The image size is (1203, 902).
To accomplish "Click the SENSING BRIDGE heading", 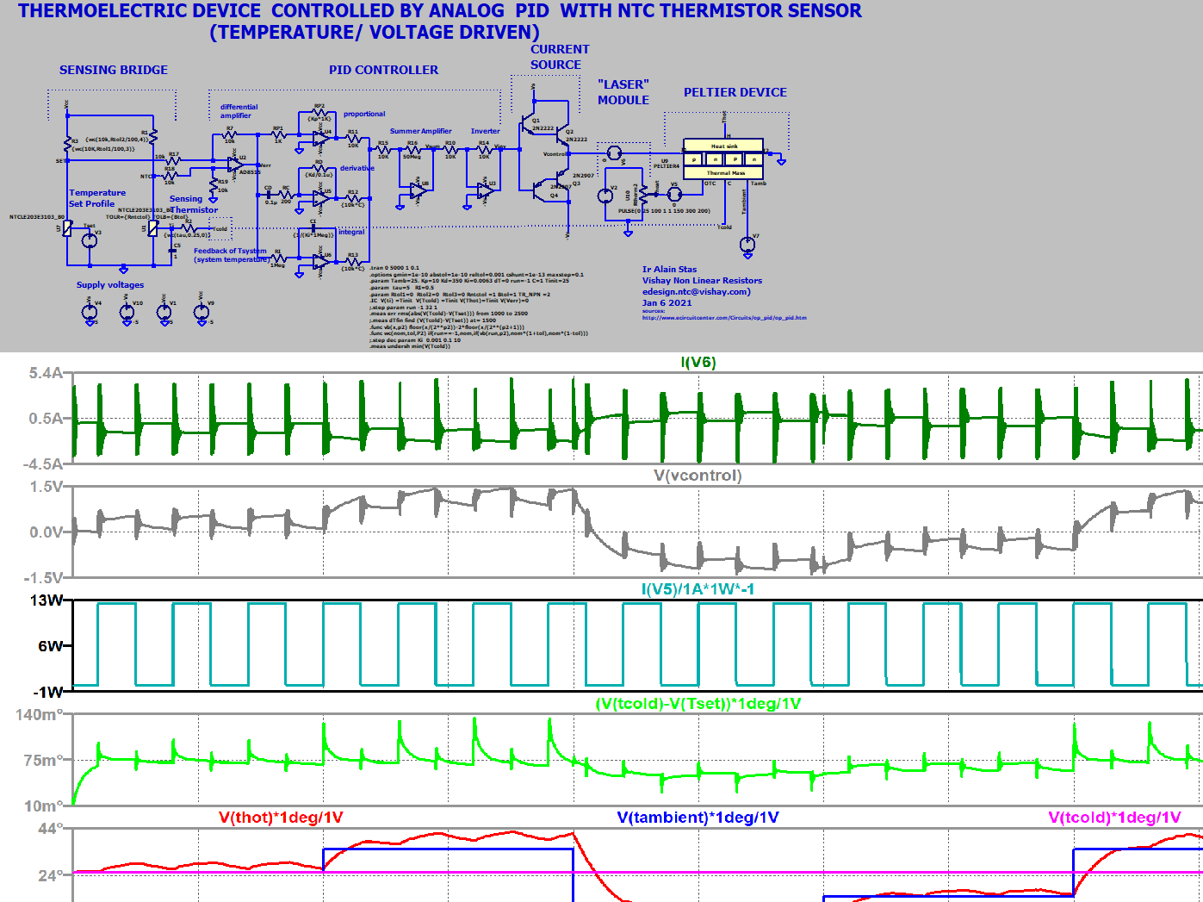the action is (x=114, y=70).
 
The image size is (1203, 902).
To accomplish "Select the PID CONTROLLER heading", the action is (x=383, y=70).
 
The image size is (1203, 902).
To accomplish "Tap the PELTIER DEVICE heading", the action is (x=735, y=92).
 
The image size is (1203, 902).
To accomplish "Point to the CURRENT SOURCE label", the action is (x=559, y=57).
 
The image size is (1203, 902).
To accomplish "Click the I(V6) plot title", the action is (x=698, y=362).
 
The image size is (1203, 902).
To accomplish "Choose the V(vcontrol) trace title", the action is (x=698, y=476).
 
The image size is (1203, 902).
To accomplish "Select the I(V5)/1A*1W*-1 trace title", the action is (x=698, y=589).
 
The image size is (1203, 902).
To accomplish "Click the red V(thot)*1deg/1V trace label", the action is (x=281, y=818).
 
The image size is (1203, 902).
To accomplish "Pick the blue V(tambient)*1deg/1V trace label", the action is (x=698, y=818).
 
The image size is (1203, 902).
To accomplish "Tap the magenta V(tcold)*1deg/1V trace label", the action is (x=1113, y=818).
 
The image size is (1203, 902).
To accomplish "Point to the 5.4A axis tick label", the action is (x=46, y=373).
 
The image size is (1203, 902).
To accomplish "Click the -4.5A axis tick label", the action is (x=45, y=464).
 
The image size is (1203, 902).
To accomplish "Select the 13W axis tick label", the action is (x=47, y=600).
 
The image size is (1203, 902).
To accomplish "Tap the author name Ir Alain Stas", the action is (x=669, y=270).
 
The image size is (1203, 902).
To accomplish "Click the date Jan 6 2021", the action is (x=667, y=302).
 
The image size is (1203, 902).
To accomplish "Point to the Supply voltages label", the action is (x=110, y=285).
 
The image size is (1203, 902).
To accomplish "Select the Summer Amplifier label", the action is (x=420, y=132).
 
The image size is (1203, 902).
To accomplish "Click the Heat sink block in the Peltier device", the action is (x=723, y=146).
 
